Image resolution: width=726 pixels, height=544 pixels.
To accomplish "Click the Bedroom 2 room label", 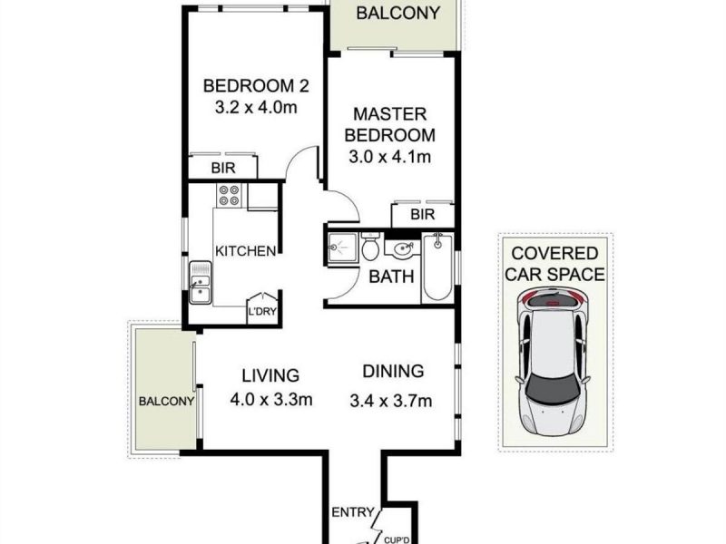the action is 256,86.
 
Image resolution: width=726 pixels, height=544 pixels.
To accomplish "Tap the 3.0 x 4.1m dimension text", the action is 390,157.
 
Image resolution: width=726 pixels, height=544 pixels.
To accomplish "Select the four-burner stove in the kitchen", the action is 230,195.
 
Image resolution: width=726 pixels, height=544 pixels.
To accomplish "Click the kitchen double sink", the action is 200,283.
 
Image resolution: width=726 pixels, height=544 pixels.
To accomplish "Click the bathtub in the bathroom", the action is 437,267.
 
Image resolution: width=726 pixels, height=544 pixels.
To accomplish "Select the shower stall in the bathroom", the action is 342,248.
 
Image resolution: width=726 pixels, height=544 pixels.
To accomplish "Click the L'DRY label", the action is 262,311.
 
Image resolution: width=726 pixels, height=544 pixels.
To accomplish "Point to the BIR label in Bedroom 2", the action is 223,168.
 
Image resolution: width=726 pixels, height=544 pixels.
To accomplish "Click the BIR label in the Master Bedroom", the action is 423,214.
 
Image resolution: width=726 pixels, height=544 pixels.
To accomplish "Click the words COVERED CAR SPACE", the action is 554,264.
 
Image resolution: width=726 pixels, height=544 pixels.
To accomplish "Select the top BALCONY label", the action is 397,13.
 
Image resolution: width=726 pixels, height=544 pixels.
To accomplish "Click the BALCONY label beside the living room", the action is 166,401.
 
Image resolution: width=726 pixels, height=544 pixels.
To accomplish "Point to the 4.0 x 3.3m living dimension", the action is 271,399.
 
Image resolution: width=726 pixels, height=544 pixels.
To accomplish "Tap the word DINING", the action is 393,371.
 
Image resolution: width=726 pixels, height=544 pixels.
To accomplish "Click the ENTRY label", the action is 353,512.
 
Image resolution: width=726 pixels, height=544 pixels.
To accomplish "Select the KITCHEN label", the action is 245,251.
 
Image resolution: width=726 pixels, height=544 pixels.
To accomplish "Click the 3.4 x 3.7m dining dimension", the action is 391,401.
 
